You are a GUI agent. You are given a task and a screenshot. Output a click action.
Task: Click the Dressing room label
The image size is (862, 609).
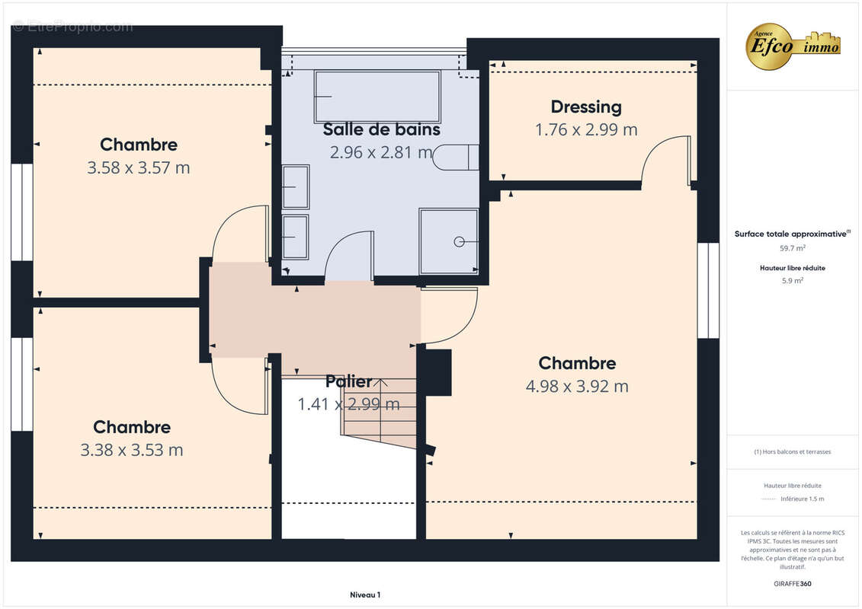(x=585, y=107)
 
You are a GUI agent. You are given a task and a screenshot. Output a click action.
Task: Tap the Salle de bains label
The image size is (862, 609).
(x=381, y=129)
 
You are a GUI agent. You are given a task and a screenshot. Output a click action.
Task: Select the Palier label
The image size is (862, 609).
(x=348, y=381)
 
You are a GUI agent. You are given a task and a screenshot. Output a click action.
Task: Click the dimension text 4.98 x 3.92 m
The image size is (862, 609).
(x=577, y=387)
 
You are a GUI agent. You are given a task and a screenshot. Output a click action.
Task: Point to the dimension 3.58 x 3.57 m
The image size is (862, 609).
(x=138, y=168)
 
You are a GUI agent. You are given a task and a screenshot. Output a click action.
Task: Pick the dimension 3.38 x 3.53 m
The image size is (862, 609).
(x=131, y=451)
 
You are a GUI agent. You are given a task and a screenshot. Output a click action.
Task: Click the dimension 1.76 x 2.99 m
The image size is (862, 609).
(x=585, y=130)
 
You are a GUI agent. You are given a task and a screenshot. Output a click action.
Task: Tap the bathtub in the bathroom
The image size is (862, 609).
(x=377, y=97)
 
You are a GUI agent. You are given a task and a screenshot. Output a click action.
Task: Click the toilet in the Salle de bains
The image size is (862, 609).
(x=456, y=156)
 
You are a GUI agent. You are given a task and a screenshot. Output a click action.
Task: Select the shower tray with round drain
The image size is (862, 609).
(x=449, y=241)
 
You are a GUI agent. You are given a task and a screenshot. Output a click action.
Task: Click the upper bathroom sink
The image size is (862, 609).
(x=295, y=187)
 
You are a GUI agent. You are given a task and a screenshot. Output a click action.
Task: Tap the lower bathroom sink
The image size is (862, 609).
(x=295, y=237)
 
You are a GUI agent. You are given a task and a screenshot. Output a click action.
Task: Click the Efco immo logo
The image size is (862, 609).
(x=793, y=46)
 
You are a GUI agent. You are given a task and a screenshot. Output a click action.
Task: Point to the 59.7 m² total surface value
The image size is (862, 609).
(x=793, y=248)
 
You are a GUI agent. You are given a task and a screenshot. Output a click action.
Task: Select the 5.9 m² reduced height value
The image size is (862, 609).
(x=793, y=281)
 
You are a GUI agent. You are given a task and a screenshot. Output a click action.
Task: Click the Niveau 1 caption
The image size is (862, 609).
(x=364, y=595)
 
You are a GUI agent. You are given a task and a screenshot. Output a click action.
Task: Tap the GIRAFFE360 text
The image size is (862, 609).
(x=793, y=584)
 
